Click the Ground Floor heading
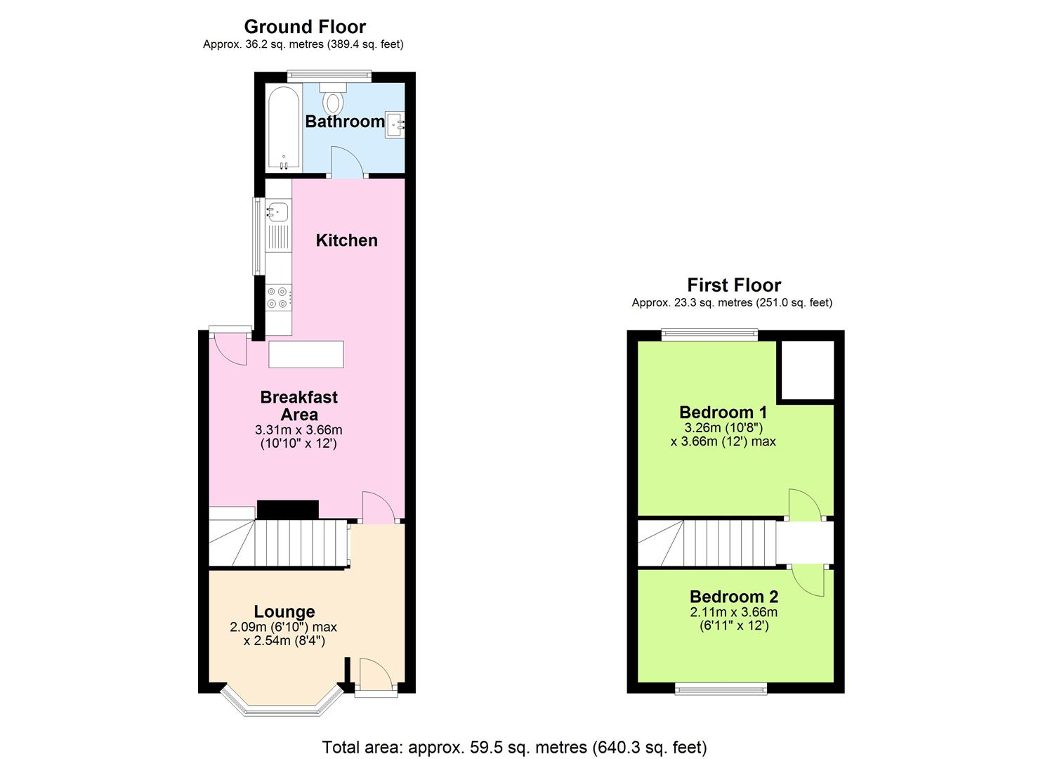[x=305, y=27]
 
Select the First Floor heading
[x=733, y=285]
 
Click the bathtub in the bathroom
[x=284, y=127]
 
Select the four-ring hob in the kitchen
[x=277, y=297]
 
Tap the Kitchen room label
[x=346, y=240]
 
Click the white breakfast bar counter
[x=306, y=354]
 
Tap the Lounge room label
[x=284, y=611]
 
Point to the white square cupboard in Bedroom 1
[x=807, y=370]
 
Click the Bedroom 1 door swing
[x=803, y=504]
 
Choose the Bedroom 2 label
[x=733, y=597]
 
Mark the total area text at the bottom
[x=514, y=747]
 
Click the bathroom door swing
[x=346, y=162]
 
